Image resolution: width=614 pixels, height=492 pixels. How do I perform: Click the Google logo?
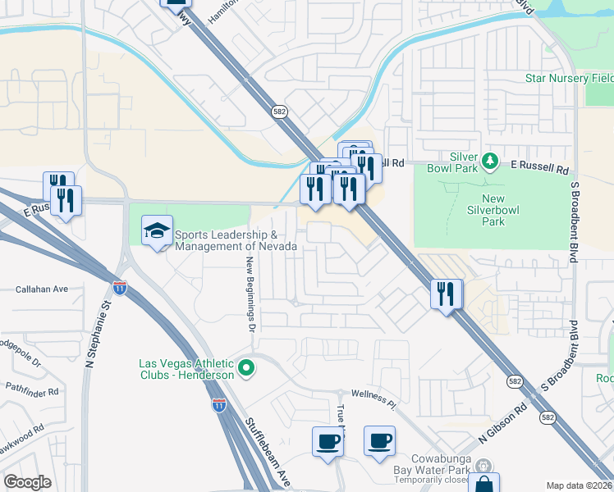(27, 482)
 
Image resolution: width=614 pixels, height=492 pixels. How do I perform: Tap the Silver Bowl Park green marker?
(490, 160)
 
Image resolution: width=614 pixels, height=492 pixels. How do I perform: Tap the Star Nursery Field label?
(569, 79)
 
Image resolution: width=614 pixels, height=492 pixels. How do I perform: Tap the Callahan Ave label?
(42, 289)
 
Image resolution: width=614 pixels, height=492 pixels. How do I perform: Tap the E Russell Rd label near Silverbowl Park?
(540, 170)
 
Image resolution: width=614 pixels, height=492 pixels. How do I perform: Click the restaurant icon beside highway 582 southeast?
(446, 294)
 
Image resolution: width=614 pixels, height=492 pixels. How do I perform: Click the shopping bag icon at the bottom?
(484, 485)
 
